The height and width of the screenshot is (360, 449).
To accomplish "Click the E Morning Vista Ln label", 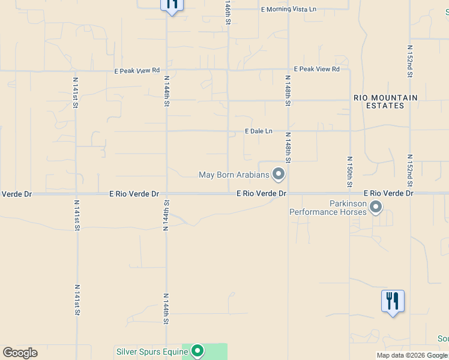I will point(289,10).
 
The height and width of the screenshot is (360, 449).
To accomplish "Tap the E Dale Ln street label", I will point(258,131).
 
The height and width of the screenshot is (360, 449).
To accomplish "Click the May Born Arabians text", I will point(234,175).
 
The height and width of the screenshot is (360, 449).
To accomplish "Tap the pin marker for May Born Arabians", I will point(279,174).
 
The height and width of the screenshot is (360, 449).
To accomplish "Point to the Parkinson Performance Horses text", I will point(328,208).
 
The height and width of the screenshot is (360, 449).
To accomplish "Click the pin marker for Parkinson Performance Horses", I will point(376,207).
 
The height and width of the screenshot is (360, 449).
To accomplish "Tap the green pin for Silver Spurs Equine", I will point(198,351).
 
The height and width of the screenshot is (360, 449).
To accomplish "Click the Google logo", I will point(20,353).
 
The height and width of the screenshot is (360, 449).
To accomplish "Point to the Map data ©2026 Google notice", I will point(412,355).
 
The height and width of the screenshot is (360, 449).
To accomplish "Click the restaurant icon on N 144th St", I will point(172,5).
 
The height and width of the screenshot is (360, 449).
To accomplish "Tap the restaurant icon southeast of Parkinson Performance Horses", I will point(393,301).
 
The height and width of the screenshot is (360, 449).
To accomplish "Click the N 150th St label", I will point(349,172).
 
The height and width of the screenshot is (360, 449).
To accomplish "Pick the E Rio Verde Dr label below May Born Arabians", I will point(261,194).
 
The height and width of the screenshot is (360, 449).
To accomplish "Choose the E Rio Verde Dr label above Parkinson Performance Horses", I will point(388,194).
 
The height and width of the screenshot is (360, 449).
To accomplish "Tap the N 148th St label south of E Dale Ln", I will point(288,148).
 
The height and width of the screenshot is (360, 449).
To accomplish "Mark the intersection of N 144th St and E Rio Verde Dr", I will point(166,194).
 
